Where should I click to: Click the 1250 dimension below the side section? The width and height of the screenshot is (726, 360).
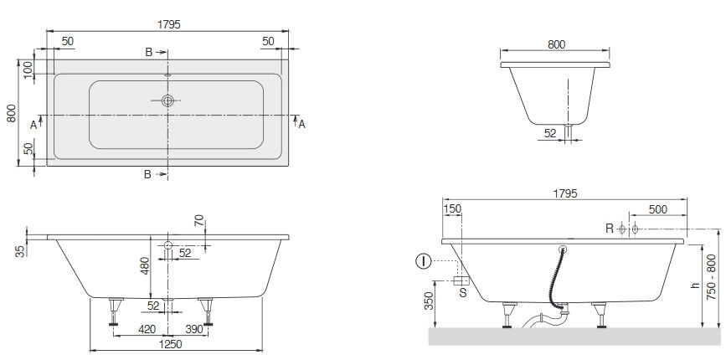[x=170, y=344]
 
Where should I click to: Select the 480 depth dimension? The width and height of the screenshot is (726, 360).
[x=146, y=266]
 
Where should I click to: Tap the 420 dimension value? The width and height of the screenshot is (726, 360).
[x=147, y=329]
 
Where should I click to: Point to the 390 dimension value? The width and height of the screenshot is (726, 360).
[x=194, y=329]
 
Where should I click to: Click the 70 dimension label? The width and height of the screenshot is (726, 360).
[x=199, y=220]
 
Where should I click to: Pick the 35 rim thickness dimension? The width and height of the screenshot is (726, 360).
[x=20, y=251]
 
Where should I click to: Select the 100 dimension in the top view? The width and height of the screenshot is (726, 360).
[x=28, y=69]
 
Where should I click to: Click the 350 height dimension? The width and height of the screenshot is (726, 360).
[x=430, y=301]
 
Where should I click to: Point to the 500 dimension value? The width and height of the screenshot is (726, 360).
[x=657, y=209]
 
